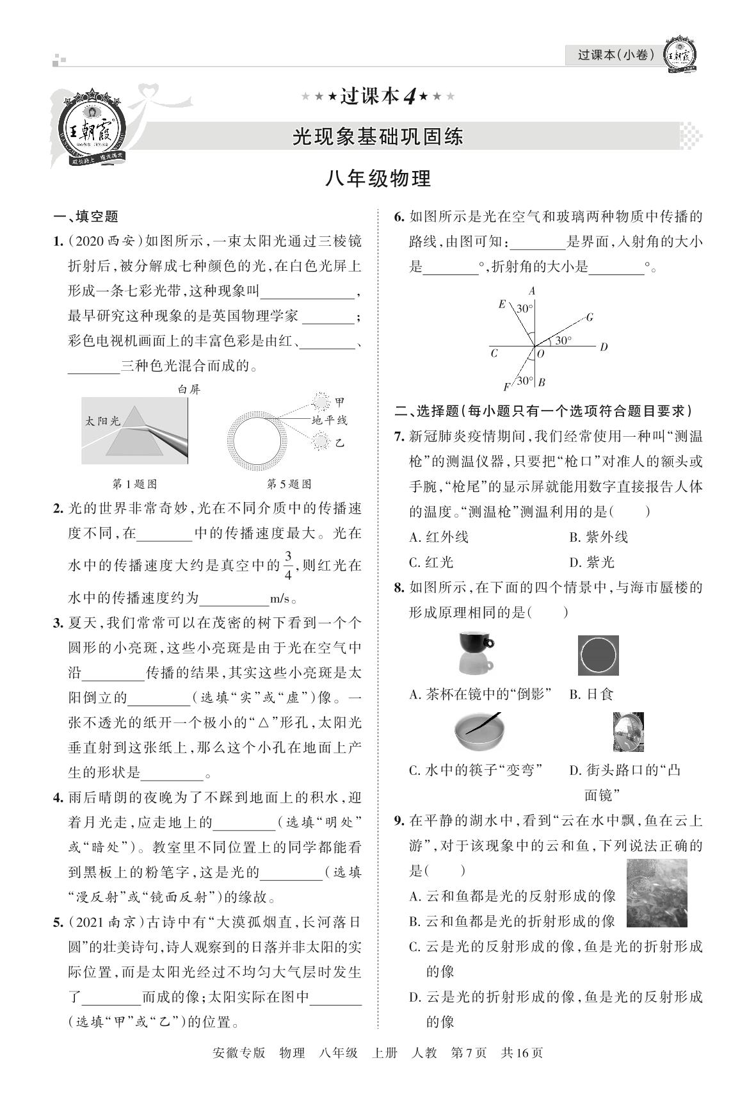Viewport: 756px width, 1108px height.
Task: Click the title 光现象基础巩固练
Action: coord(378,136)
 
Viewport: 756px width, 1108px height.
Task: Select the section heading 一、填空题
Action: coord(86,216)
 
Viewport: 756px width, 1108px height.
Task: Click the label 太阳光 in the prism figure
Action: coord(103,421)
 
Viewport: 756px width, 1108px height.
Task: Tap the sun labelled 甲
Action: coord(319,402)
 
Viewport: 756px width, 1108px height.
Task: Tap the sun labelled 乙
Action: coord(319,441)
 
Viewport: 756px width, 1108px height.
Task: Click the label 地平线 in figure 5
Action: coord(329,420)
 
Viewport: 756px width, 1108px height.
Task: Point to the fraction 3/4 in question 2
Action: coord(288,565)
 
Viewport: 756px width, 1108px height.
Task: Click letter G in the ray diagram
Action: coord(589,317)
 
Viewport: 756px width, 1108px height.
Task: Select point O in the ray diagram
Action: coord(540,353)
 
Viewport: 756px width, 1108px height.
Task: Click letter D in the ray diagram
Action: coord(603,347)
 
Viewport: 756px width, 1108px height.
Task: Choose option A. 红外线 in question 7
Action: coord(439,537)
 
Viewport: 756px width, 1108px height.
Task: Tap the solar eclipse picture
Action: coord(598,655)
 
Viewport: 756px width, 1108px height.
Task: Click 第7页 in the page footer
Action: coord(469,1053)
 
